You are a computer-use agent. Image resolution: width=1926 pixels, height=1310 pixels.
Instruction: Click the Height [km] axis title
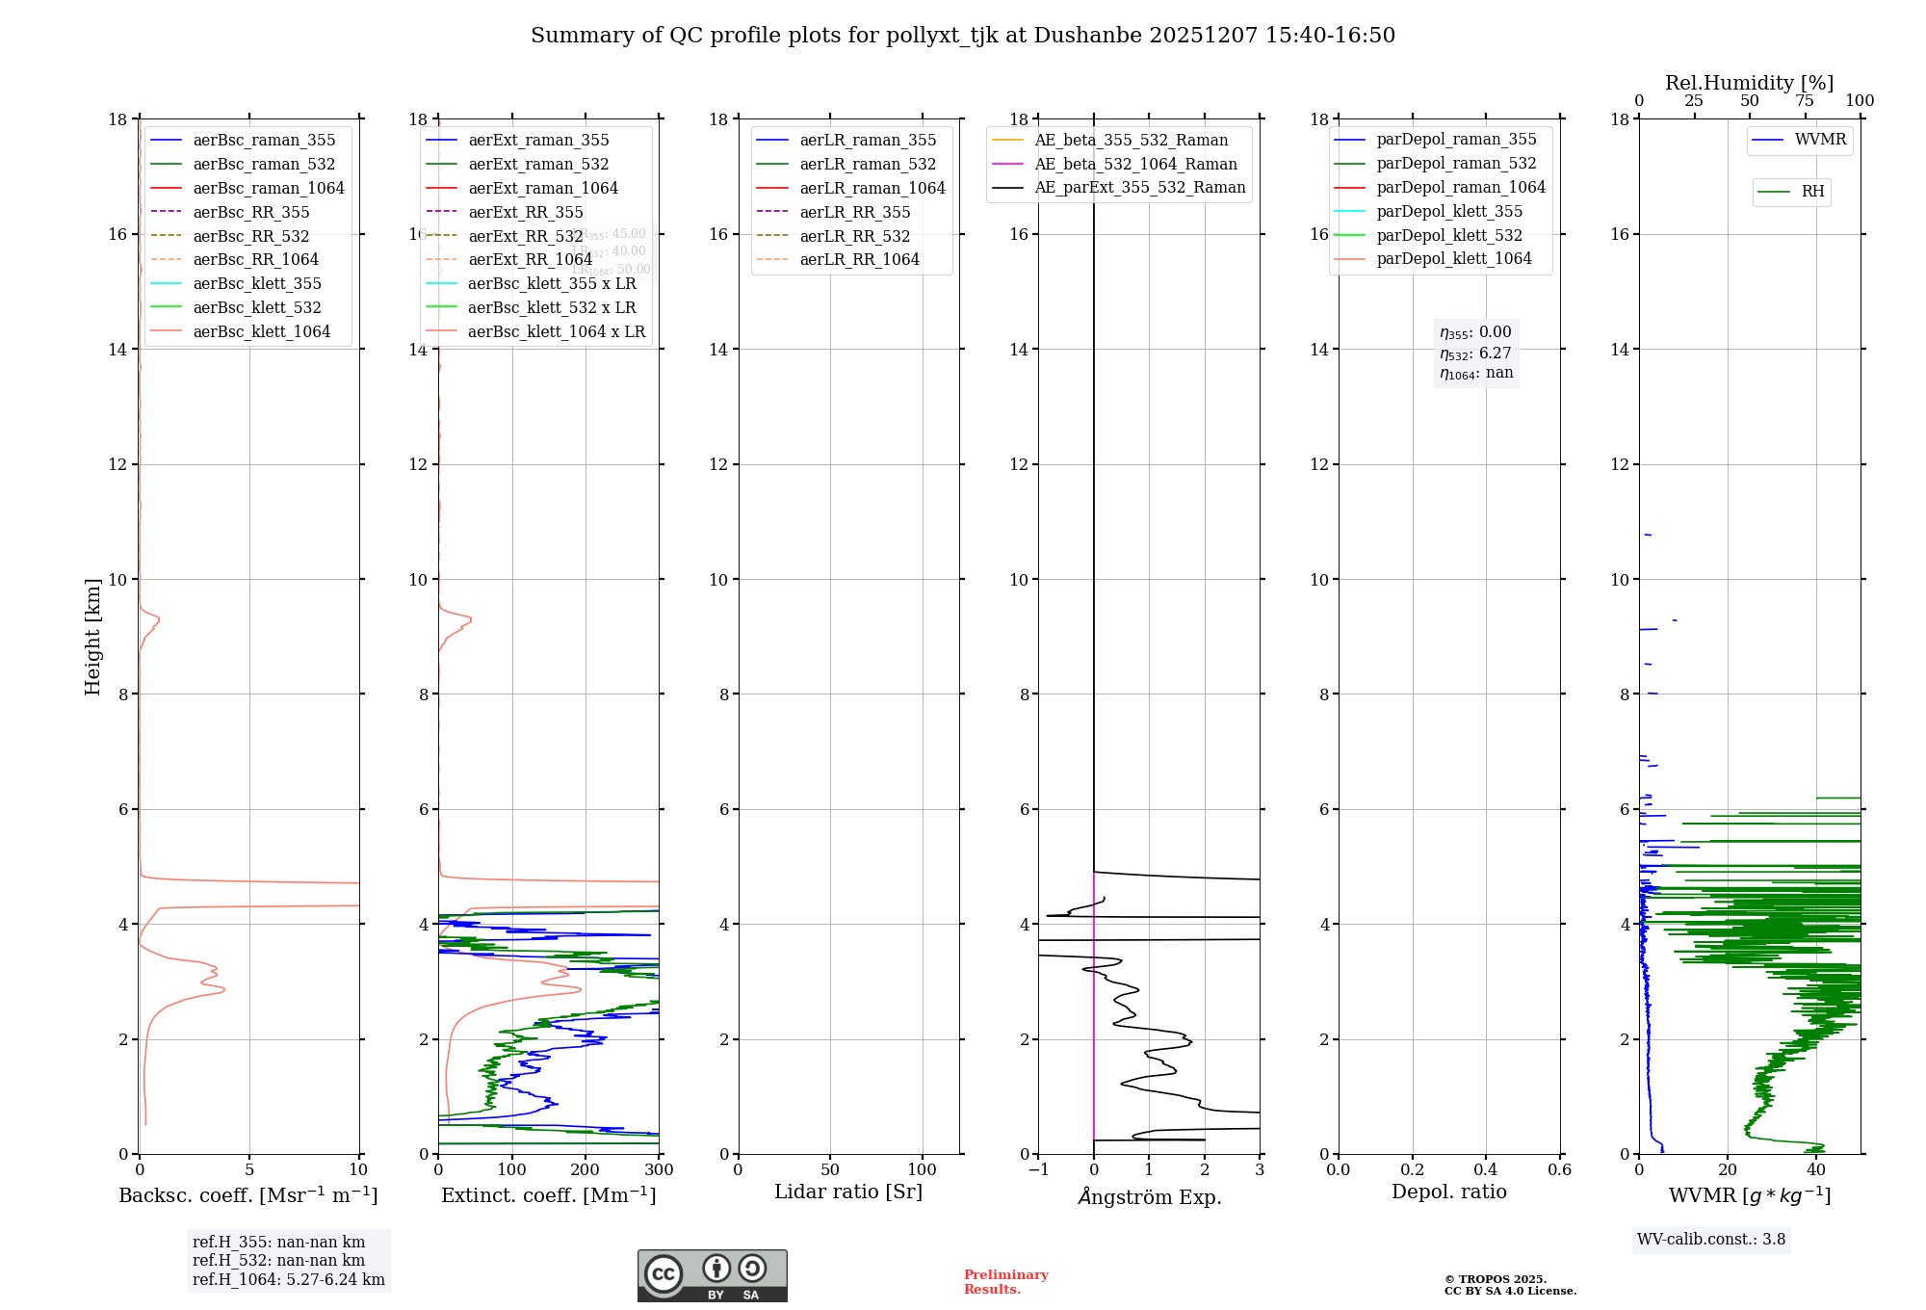pyautogui.click(x=92, y=637)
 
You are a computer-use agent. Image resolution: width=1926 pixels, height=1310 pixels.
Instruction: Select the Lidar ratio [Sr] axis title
pyautogui.click(x=848, y=1192)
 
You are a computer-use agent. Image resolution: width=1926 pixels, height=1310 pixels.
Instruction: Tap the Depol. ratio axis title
pyautogui.click(x=1448, y=1192)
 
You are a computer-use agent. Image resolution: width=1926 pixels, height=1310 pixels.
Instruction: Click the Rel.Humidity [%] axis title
pyautogui.click(x=1749, y=83)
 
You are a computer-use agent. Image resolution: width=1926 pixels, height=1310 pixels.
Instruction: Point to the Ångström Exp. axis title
pyautogui.click(x=1149, y=1196)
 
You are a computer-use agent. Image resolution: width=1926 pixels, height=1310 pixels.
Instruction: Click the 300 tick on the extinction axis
pyautogui.click(x=659, y=1170)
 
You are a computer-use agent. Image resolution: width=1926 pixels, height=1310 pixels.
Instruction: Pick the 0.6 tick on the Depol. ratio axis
pyautogui.click(x=1559, y=1170)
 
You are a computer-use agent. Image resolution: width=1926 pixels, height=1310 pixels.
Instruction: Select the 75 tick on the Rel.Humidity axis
pyautogui.click(x=1804, y=101)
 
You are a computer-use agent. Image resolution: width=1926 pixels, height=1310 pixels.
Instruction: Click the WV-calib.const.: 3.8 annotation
pyautogui.click(x=1711, y=1240)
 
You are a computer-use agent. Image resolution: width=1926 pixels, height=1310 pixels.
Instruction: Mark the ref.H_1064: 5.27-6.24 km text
pyautogui.click(x=289, y=1280)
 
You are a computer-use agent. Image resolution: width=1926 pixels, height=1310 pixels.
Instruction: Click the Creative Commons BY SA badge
pyautogui.click(x=712, y=1275)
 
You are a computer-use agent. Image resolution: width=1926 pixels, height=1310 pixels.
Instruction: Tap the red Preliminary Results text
pyautogui.click(x=1005, y=1282)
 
